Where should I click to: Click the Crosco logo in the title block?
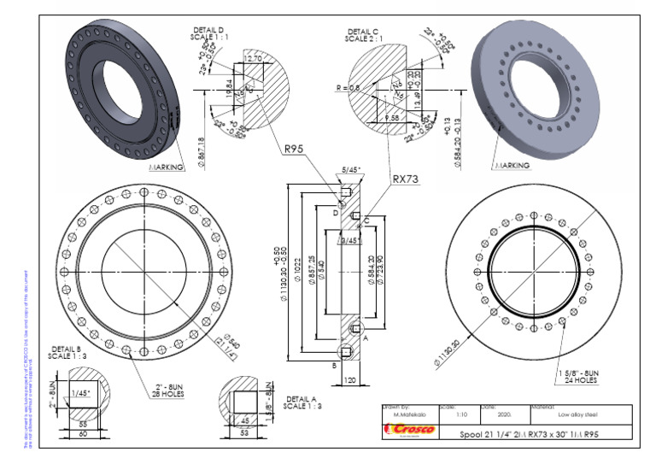[x=409, y=430]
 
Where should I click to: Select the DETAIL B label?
[x=67, y=353]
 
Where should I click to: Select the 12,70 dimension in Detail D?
[x=252, y=58]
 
